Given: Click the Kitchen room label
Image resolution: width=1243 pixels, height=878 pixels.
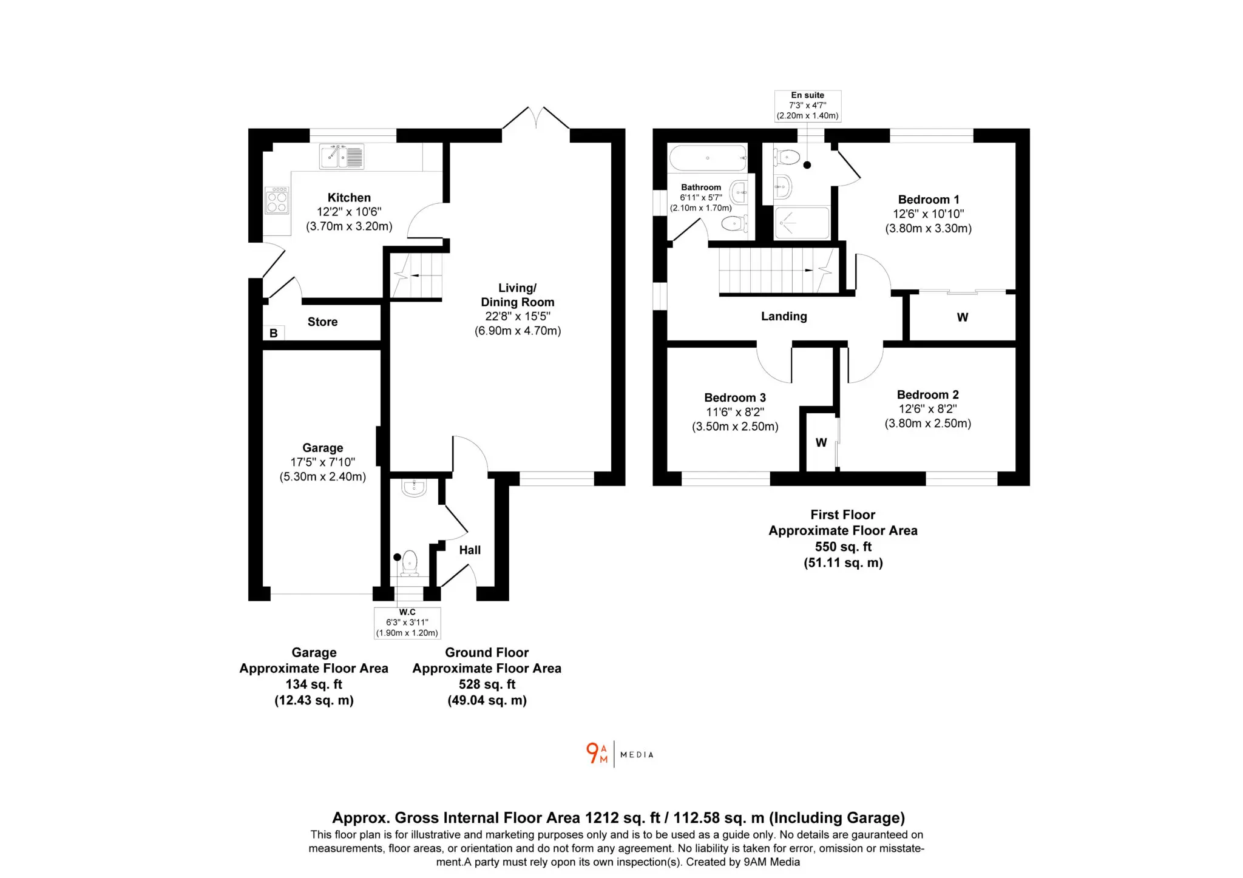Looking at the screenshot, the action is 349,198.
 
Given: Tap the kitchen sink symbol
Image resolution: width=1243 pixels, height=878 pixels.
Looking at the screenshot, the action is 342,157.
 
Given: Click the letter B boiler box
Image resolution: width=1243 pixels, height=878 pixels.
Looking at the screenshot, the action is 274,333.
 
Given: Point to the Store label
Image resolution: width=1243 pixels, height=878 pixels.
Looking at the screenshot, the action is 322,322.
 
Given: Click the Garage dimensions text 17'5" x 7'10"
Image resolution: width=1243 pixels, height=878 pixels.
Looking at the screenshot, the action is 322,462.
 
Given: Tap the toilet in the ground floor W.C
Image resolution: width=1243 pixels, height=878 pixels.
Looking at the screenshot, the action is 410,562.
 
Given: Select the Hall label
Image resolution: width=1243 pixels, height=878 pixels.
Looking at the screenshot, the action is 470,550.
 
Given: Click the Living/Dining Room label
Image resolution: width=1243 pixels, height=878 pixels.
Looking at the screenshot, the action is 518,295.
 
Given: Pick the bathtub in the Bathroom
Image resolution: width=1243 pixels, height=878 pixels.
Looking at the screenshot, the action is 708,158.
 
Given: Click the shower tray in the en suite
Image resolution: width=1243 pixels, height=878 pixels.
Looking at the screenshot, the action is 802,223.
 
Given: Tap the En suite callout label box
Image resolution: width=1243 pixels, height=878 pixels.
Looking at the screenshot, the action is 808,106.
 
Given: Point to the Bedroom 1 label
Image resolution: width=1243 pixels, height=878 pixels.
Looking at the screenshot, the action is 929,200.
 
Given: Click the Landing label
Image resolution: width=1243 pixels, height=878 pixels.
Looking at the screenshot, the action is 784,316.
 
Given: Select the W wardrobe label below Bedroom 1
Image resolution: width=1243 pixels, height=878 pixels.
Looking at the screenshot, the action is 963,317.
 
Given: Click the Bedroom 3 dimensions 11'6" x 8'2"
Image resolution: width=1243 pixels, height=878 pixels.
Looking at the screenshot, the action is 735,413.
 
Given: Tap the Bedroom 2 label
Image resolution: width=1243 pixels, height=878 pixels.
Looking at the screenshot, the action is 928,395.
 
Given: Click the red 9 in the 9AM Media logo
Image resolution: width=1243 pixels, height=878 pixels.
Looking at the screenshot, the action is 592,753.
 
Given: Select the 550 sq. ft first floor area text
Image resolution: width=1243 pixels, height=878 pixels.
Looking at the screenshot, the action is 843,547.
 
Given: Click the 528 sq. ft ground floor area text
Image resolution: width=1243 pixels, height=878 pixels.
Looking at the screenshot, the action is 487,684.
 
